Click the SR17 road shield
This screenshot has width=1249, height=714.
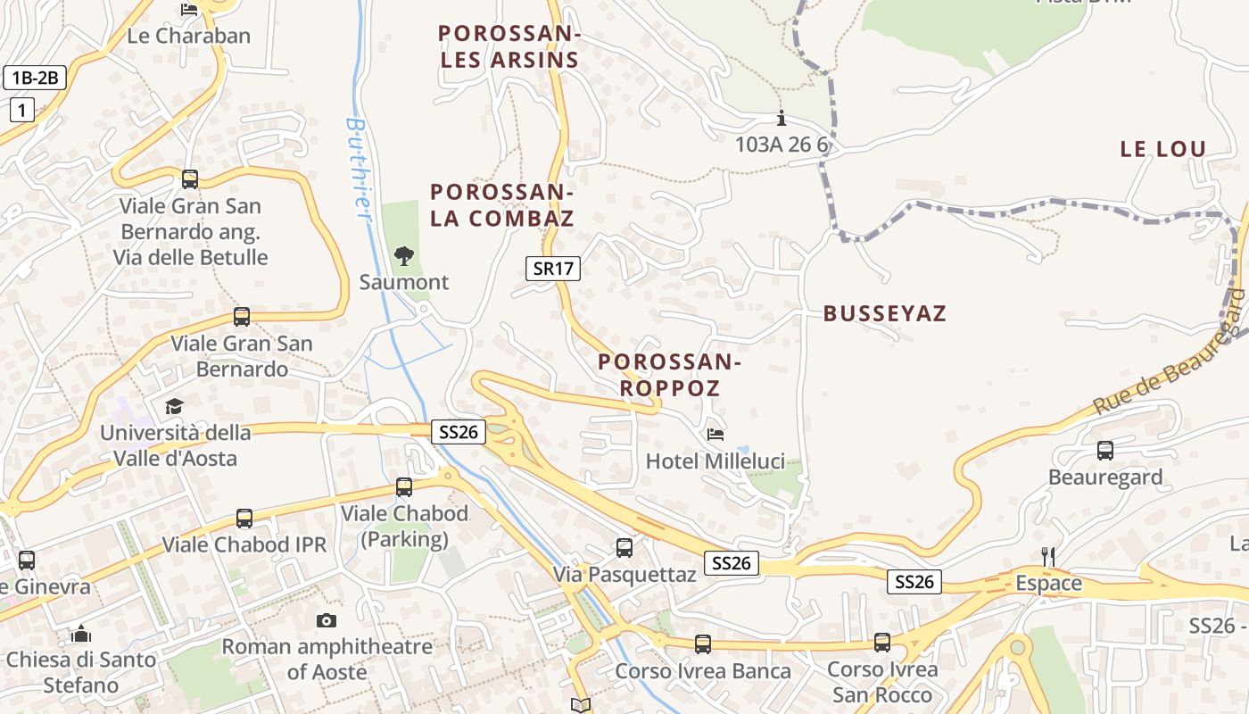pyautogui.click(x=553, y=268)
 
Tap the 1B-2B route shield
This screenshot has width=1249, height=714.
pyautogui.click(x=35, y=78)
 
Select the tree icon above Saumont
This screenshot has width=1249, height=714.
pyautogui.click(x=404, y=256)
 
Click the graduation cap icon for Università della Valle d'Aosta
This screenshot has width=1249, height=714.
pyautogui.click(x=174, y=407)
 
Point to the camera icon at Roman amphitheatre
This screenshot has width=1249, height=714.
pyautogui.click(x=327, y=620)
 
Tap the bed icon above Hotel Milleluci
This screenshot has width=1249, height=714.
pyautogui.click(x=715, y=435)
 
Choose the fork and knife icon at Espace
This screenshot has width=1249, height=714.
pyautogui.click(x=1048, y=557)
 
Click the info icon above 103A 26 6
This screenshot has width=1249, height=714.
pyautogui.click(x=782, y=118)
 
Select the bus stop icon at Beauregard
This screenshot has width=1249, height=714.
pyautogui.click(x=1105, y=451)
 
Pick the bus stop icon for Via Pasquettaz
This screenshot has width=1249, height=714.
pyautogui.click(x=624, y=547)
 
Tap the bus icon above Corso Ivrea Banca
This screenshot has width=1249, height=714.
pyautogui.click(x=703, y=643)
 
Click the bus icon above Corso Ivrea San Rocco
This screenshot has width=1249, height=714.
pyautogui.click(x=882, y=642)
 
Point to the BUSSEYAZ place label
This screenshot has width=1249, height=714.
pyautogui.click(x=884, y=313)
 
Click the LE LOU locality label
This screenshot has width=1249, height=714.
pyautogui.click(x=1163, y=149)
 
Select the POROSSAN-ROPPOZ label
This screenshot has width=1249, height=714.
pyautogui.click(x=669, y=375)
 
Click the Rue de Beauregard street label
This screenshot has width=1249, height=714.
pyautogui.click(x=1169, y=353)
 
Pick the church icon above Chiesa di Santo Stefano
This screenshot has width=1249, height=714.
pyautogui.click(x=81, y=635)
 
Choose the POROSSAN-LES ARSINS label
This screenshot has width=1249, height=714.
pyautogui.click(x=509, y=47)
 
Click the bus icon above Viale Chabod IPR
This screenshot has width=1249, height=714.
pyautogui.click(x=244, y=519)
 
